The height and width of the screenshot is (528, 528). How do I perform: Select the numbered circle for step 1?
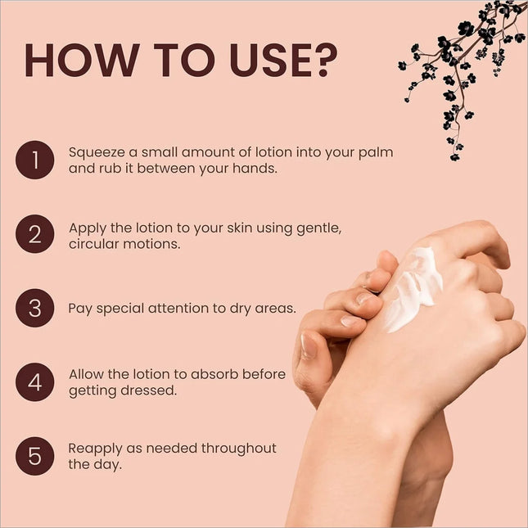(34, 160)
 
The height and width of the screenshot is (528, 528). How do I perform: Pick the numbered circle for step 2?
(34, 234)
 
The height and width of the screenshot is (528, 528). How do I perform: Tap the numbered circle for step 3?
(34, 308)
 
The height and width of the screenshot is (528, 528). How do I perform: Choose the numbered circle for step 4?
(34, 381)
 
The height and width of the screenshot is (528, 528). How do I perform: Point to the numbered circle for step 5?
(34, 456)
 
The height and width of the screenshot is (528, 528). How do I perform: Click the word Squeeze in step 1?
(97, 153)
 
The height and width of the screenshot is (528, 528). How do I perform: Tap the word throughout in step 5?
(239, 449)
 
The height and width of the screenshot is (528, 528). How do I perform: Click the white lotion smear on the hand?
(413, 289)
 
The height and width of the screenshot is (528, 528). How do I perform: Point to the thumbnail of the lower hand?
(308, 345)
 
